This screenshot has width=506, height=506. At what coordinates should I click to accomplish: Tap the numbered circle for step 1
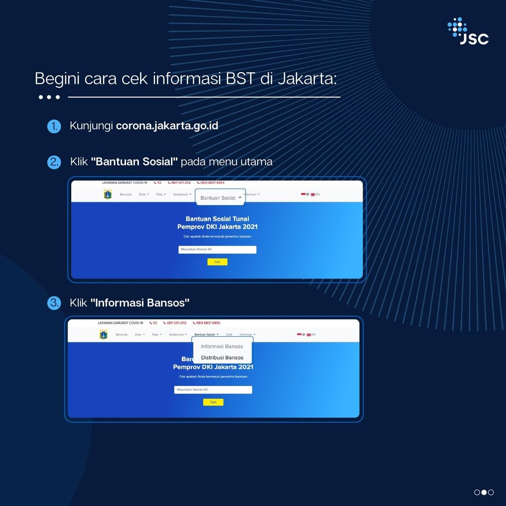[x=54, y=126]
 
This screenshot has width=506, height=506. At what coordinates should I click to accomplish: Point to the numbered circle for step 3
[x=54, y=303]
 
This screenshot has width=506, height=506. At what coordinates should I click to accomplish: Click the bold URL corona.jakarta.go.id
[x=167, y=126]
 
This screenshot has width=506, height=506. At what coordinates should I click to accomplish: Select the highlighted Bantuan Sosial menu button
[x=220, y=197]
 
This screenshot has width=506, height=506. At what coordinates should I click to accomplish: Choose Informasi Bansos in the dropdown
[x=222, y=347]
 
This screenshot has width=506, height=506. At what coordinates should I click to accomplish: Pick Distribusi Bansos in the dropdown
[x=222, y=358]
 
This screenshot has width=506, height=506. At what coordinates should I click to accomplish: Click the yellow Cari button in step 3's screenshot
[x=213, y=402]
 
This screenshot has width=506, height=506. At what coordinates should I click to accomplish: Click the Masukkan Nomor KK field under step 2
[x=217, y=249]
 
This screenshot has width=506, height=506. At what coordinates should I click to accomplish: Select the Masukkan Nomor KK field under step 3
[x=213, y=390]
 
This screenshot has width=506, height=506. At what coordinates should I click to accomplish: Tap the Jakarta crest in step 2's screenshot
[x=108, y=194]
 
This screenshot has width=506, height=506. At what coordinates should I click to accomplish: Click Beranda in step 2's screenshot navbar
[x=126, y=194]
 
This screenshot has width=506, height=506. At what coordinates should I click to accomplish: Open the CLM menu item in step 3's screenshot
[x=229, y=335]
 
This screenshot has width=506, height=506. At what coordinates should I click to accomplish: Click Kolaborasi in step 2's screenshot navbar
[x=181, y=194]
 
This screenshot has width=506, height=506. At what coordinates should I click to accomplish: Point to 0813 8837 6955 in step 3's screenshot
[x=208, y=323]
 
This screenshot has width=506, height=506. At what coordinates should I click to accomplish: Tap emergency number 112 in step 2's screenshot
[x=158, y=183]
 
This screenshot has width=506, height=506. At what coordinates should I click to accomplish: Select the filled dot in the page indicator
[x=484, y=492]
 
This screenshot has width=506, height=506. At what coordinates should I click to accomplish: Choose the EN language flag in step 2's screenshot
[x=315, y=194]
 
